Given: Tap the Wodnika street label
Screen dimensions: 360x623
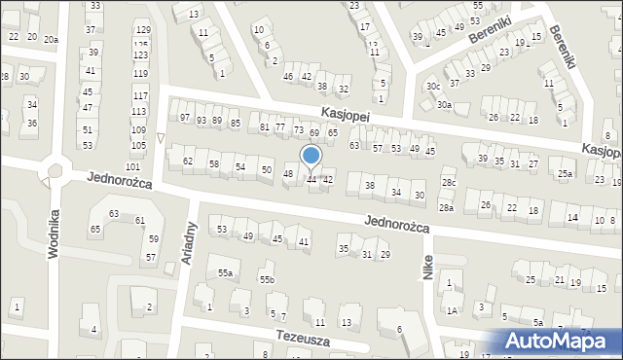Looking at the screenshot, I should point(55,233).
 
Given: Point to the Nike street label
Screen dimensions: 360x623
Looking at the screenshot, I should point(427,262).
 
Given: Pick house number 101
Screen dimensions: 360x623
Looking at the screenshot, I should point(133,142).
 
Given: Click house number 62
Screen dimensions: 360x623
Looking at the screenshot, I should point(188,161).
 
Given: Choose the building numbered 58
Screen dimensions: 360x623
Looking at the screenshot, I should point(214,164).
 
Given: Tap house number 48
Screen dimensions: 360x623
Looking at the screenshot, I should point(288,174).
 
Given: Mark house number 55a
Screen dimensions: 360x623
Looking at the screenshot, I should point(225,274).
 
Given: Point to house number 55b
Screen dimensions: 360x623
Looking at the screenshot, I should point(267,280).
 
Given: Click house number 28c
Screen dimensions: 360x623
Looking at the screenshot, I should point(448,182).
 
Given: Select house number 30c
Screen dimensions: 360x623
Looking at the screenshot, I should point(432,86).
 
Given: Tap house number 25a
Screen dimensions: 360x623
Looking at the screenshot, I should point(565,175).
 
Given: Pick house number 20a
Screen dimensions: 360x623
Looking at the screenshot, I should point(51,38).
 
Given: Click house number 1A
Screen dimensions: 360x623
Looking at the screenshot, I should point(453,310).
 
